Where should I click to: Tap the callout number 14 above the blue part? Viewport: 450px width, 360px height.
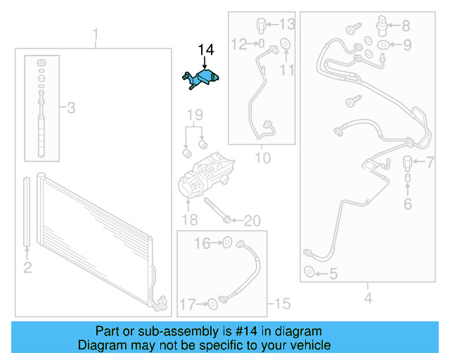click(206, 50)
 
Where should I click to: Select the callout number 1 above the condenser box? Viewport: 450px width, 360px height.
click(96, 34)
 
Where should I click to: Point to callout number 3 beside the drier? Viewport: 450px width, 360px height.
click(71, 108)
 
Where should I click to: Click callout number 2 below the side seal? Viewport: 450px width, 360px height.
click(27, 268)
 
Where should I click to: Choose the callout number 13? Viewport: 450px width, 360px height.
click(287, 24)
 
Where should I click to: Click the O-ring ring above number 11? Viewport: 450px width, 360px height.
click(285, 44)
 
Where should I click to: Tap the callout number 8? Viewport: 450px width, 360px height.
click(406, 25)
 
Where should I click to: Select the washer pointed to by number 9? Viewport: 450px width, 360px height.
click(383, 45)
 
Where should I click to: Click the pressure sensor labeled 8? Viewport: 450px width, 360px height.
click(382, 25)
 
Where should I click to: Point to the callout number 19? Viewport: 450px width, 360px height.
click(195, 115)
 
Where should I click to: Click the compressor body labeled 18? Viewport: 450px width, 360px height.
click(205, 175)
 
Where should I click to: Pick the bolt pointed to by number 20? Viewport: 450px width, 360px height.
click(217, 210)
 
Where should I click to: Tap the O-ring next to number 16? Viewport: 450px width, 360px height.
click(227, 243)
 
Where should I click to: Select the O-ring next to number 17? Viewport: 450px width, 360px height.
click(212, 304)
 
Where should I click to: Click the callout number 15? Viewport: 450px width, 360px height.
click(283, 303)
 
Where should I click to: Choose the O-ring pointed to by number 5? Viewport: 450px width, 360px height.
click(309, 271)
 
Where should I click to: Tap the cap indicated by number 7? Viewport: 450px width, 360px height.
click(408, 163)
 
